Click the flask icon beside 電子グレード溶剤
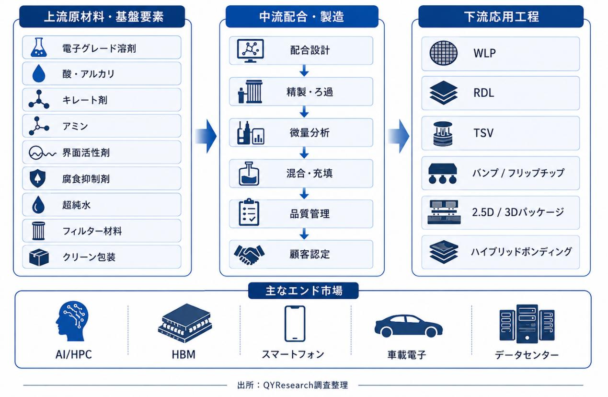pyautogui.click(x=39, y=47)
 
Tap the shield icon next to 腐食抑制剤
pyautogui.click(x=37, y=178)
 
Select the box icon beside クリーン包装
pyautogui.click(x=39, y=257)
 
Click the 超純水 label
pyautogui.click(x=76, y=205)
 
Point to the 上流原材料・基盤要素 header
pyautogui.click(x=103, y=17)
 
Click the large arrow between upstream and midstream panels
pyautogui.click(x=206, y=136)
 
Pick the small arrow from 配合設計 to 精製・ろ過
pyautogui.click(x=304, y=70)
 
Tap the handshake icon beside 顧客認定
pyautogui.click(x=249, y=255)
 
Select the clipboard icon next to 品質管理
pyautogui.click(x=249, y=212)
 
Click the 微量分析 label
pyautogui.click(x=310, y=133)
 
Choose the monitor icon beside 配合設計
pyautogui.click(x=250, y=51)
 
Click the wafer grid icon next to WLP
pyautogui.click(x=444, y=53)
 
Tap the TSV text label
pyautogui.click(x=483, y=133)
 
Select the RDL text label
pyautogui.click(x=484, y=93)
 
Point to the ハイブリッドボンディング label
pyautogui.click(x=521, y=252)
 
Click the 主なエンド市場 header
pyautogui.click(x=303, y=291)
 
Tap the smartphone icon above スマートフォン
pyautogui.click(x=295, y=324)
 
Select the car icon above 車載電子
pyautogui.click(x=409, y=326)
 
